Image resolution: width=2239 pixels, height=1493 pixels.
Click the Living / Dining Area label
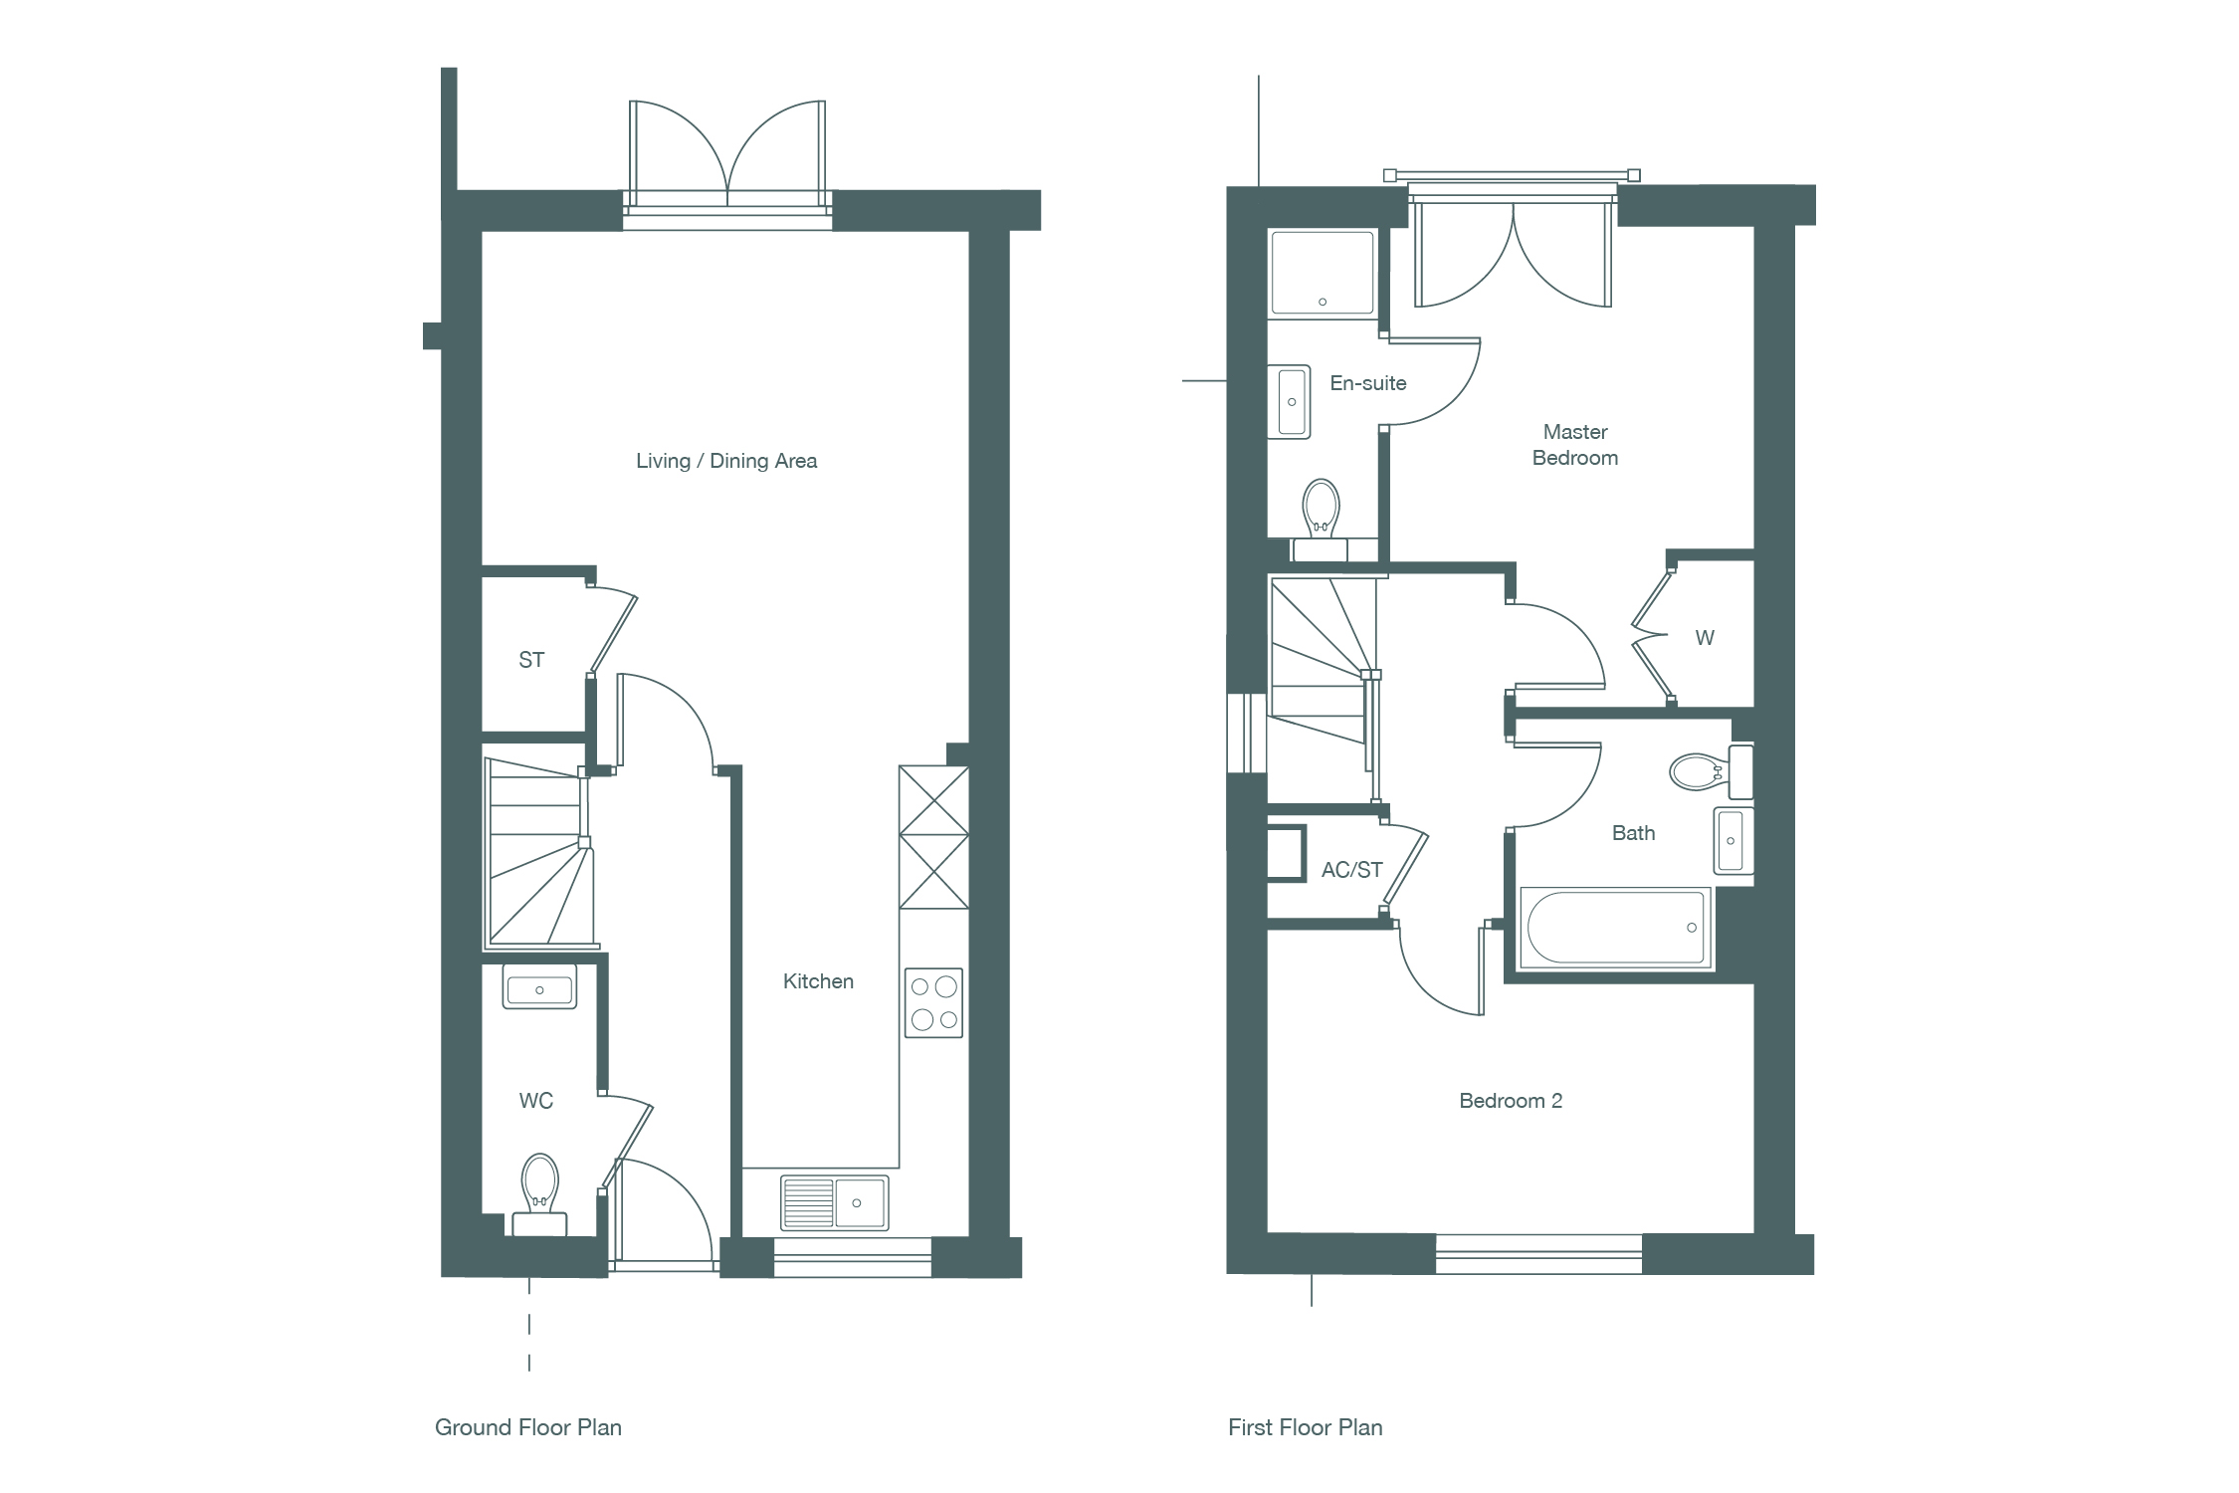point(726,461)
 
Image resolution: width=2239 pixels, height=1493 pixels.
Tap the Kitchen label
point(818,981)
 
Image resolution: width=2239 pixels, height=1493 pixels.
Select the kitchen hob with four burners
point(933,1003)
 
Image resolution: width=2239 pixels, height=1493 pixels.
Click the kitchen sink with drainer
point(834,1202)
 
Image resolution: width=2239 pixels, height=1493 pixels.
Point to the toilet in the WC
point(539,1194)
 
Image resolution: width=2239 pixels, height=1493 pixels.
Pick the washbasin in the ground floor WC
point(539,987)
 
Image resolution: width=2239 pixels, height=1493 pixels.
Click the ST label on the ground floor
point(531,660)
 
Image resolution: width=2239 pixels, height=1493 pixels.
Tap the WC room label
point(536,1101)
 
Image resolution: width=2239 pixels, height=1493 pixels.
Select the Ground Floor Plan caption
point(528,1427)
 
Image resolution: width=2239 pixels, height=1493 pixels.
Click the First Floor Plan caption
point(1306,1427)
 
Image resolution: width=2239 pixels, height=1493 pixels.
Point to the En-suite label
point(1368,383)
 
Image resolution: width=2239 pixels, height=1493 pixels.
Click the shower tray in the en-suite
point(1323,273)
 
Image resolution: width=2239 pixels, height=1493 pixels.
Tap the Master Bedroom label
point(1575,445)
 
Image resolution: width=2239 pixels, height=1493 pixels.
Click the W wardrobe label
point(1705,638)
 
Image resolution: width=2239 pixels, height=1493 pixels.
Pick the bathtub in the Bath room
point(1614,928)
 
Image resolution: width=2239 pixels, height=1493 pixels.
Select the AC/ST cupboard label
point(1352,870)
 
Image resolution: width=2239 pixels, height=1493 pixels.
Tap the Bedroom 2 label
point(1511,1101)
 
